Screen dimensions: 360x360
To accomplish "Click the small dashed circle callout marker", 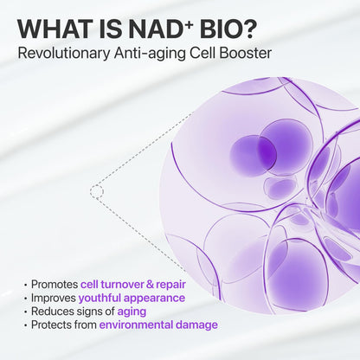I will tap(96, 190).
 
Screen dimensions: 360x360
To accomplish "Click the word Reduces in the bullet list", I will tap(53, 312).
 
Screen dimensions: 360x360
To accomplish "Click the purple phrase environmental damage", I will tap(158, 325).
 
